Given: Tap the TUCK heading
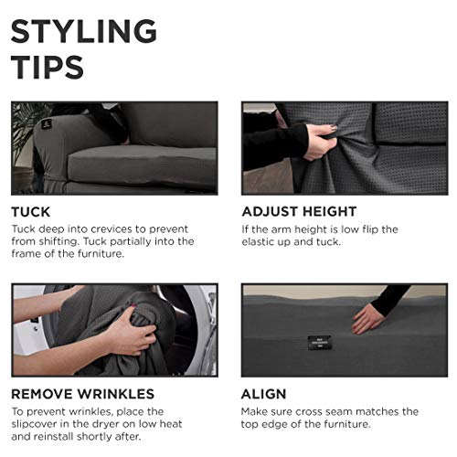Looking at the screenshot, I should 31,211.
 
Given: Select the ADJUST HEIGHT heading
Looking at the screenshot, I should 298,211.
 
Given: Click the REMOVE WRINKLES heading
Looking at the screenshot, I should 82,394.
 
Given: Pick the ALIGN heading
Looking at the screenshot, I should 264,394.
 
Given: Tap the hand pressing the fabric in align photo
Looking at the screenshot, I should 367,317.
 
